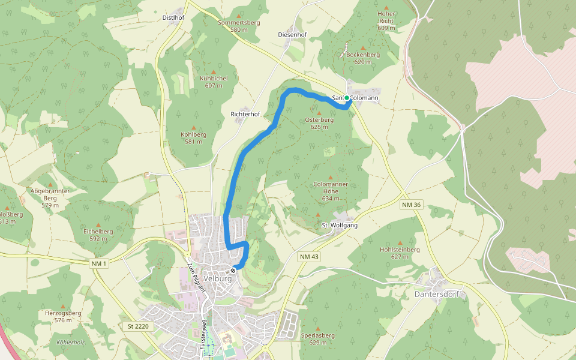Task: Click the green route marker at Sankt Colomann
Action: (347, 98)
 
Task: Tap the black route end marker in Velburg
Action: (233, 271)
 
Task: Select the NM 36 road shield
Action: (411, 205)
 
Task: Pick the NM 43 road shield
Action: (308, 256)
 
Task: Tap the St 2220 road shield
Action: (137, 326)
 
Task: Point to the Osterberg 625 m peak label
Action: (319, 123)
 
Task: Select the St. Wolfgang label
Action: (340, 225)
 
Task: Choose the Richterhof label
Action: (245, 113)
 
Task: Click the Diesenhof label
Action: (292, 35)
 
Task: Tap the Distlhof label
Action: (173, 17)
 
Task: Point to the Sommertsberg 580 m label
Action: (239, 26)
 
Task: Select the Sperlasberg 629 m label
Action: (318, 339)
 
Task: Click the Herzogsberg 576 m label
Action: (63, 316)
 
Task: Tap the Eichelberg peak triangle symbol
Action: (98, 223)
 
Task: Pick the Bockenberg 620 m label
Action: (363, 58)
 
